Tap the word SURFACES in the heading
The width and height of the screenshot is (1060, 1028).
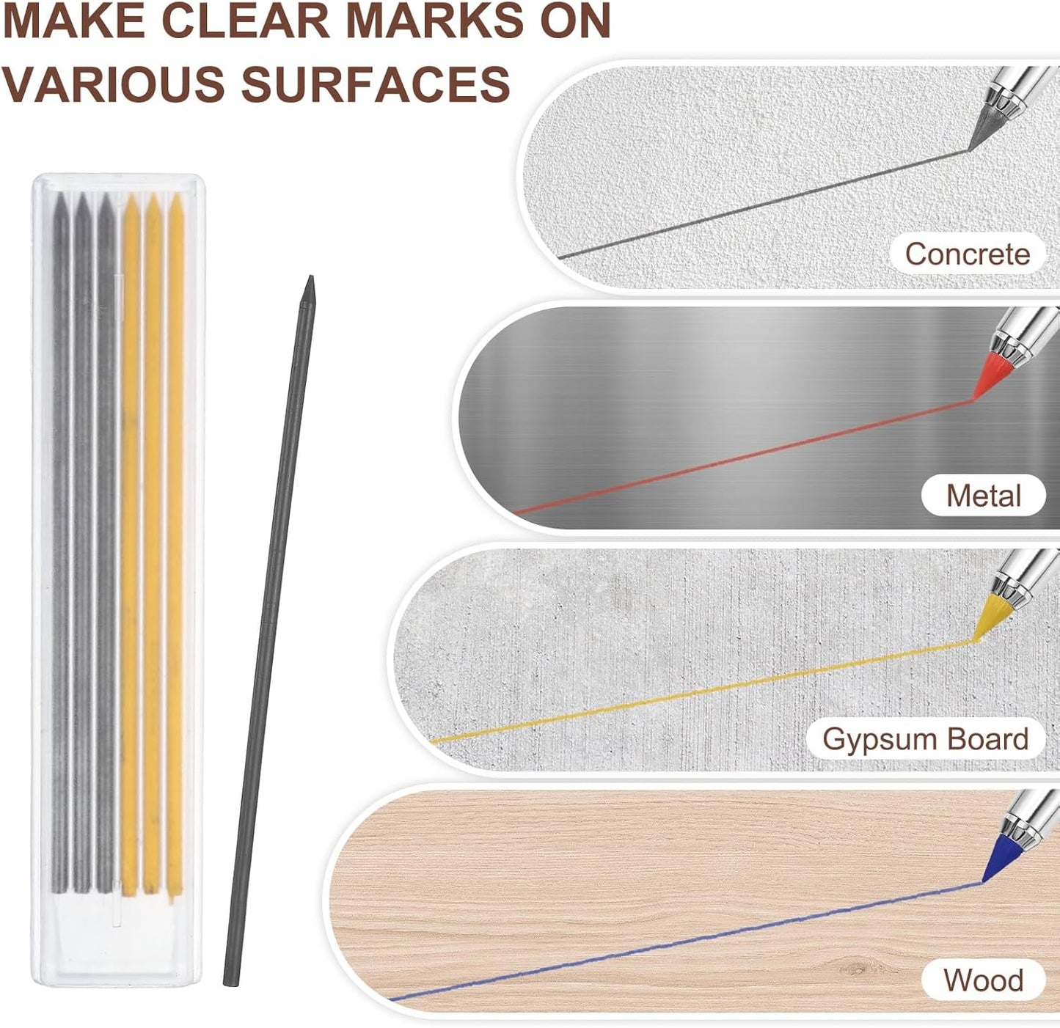(x=376, y=84)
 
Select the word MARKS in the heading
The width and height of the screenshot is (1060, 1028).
(x=435, y=21)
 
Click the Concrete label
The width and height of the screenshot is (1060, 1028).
(x=968, y=254)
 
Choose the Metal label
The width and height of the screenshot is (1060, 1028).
(x=983, y=496)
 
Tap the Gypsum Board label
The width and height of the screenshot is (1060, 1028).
(x=926, y=738)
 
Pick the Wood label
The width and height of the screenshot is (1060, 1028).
(x=983, y=980)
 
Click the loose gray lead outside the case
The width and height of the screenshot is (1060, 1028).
(x=269, y=630)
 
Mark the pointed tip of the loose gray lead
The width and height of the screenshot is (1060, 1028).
(x=311, y=276)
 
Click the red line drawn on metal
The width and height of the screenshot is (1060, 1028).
(x=744, y=456)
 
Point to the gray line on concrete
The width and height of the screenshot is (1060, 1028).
(x=764, y=203)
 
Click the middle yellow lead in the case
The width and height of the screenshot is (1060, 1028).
(x=153, y=545)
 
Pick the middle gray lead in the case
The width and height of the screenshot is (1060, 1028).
(x=83, y=545)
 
